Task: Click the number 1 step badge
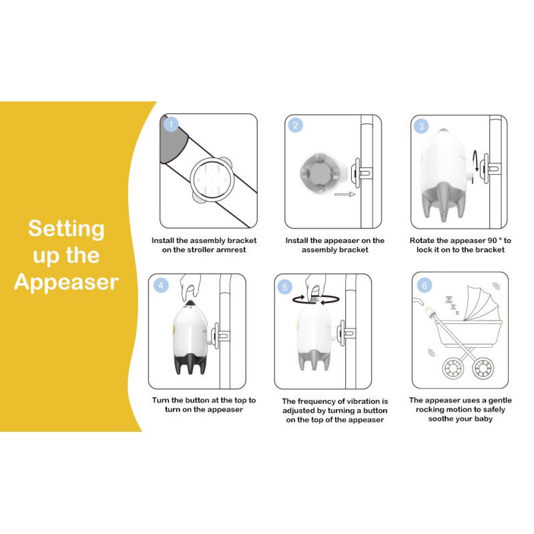pyautogui.click(x=171, y=124)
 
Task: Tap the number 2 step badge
pyautogui.click(x=295, y=125)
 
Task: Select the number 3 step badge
pyautogui.click(x=421, y=126)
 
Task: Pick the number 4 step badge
pyautogui.click(x=161, y=286)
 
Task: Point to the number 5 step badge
pyautogui.click(x=285, y=287)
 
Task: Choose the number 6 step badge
pyautogui.click(x=424, y=285)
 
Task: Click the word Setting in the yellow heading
pyautogui.click(x=66, y=229)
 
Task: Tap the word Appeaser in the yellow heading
pyautogui.click(x=66, y=282)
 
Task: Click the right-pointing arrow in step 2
pyautogui.click(x=345, y=194)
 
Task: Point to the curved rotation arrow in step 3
pyautogui.click(x=475, y=161)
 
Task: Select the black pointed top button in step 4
pyautogui.click(x=190, y=303)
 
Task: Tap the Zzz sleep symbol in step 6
pyautogui.click(x=453, y=305)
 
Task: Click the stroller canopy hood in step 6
pyautogui.click(x=481, y=303)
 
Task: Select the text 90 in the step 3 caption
pyautogui.click(x=492, y=240)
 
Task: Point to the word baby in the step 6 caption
pyautogui.click(x=483, y=419)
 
